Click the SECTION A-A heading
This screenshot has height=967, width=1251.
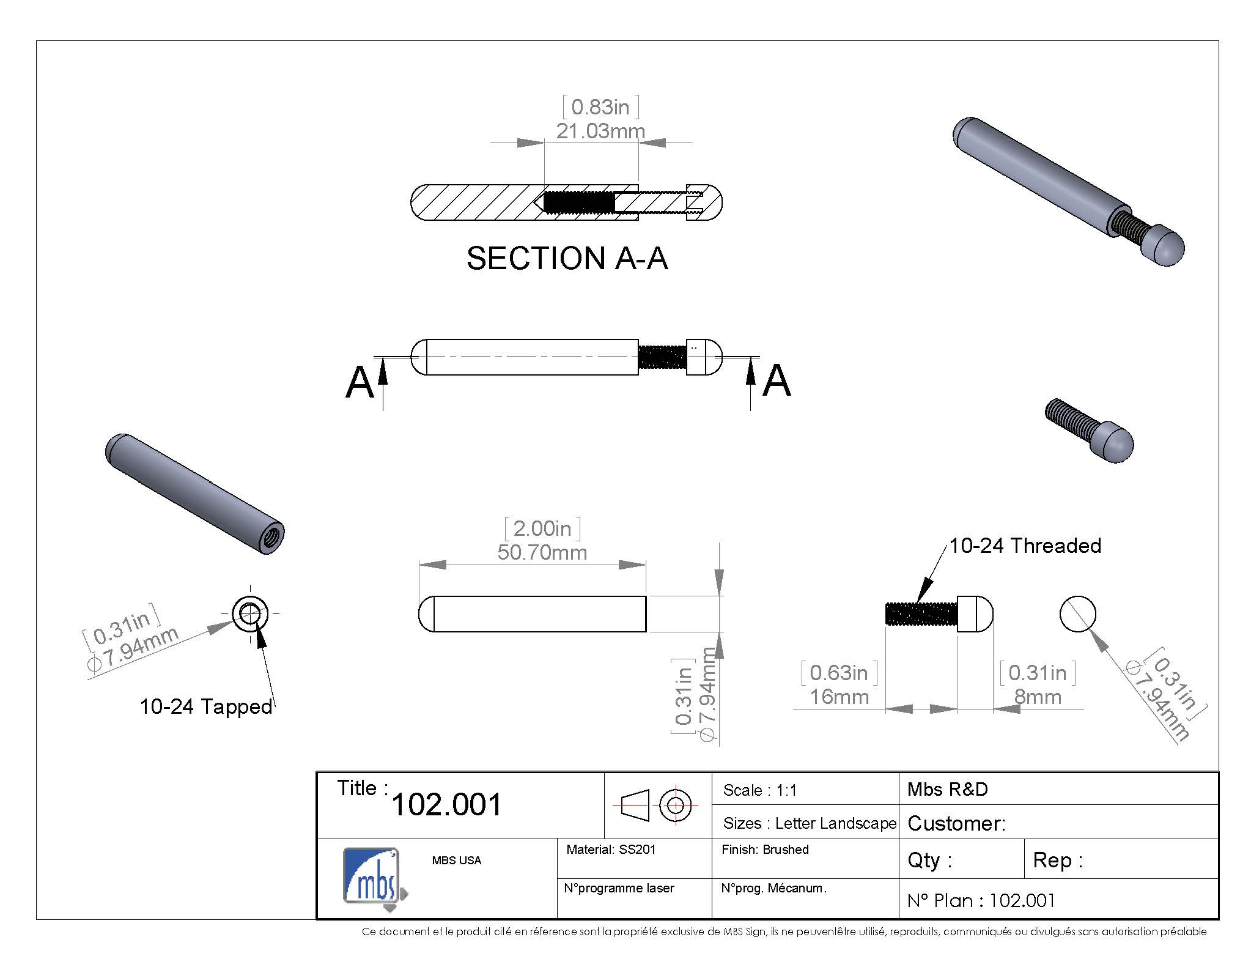click(x=567, y=258)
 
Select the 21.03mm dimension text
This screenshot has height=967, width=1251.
click(x=600, y=131)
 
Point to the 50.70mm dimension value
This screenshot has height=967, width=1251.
click(x=542, y=552)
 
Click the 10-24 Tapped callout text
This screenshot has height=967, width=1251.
click(x=206, y=706)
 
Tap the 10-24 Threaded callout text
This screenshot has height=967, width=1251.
click(x=1025, y=546)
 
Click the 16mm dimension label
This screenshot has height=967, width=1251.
click(x=839, y=697)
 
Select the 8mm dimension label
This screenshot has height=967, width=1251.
click(x=1038, y=697)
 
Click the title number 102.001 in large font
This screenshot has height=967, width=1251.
click(x=446, y=804)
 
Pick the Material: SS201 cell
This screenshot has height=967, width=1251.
click(x=610, y=850)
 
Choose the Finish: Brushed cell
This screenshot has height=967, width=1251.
click(x=765, y=850)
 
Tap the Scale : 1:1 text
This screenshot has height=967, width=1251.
click(x=760, y=790)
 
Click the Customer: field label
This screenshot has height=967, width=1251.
click(x=956, y=823)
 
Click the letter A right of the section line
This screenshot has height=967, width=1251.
click(x=777, y=380)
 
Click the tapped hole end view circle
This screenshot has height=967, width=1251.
click(x=249, y=613)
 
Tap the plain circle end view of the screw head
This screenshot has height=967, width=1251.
click(x=1077, y=614)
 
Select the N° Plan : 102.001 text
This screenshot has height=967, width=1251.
click(x=981, y=900)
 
